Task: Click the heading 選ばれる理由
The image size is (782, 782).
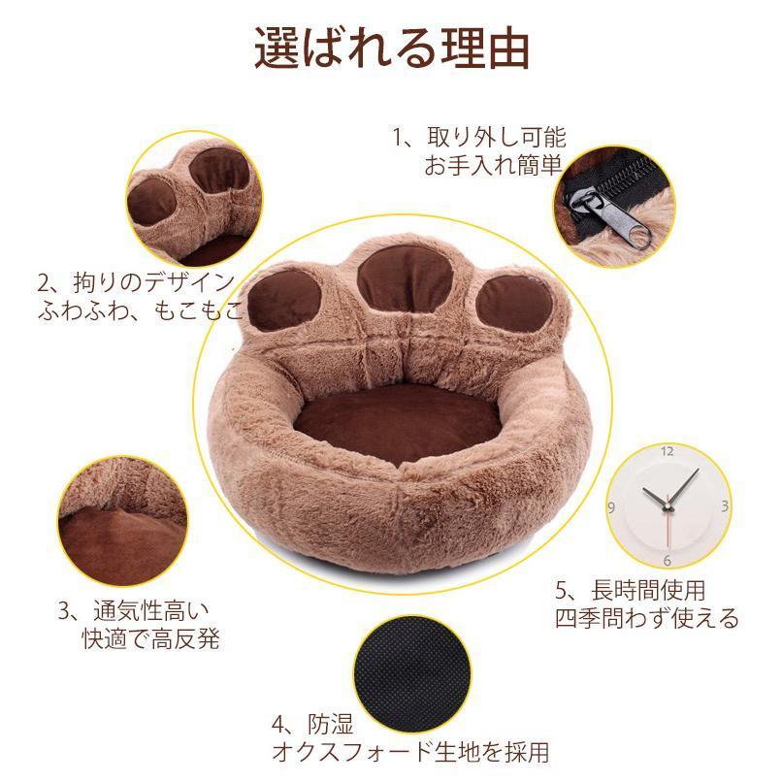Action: [x=392, y=49]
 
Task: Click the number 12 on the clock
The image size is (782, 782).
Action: [x=668, y=451]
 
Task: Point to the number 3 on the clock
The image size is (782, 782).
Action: [x=725, y=506]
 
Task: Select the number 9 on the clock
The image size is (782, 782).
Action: [x=611, y=508]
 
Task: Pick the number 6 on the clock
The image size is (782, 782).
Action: [x=668, y=561]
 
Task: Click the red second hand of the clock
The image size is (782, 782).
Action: [x=668, y=528]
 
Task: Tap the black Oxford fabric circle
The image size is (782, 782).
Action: [x=412, y=674]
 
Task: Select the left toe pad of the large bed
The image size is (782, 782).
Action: [x=284, y=301]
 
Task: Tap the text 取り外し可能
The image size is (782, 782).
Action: [x=497, y=137]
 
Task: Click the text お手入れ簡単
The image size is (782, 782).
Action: [x=494, y=165]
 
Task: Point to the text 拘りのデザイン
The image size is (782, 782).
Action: [x=154, y=282]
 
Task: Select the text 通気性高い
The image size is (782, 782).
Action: [x=151, y=610]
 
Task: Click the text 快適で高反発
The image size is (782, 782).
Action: [x=151, y=638]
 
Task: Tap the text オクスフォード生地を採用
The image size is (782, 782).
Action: [x=410, y=752]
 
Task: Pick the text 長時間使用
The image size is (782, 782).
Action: [x=648, y=591]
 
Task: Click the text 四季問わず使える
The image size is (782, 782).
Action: [x=647, y=619]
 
